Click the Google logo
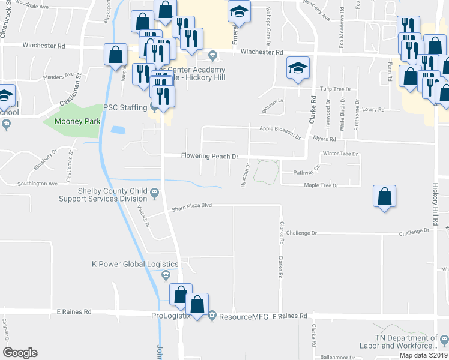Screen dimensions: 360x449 click(x=20, y=353)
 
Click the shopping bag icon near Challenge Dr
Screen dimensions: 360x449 click(x=384, y=197)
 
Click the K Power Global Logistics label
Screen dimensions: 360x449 click(x=134, y=264)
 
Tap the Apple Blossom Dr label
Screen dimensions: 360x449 click(x=280, y=129)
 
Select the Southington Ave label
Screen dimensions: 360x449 click(x=37, y=184)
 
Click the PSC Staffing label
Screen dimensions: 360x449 click(x=125, y=107)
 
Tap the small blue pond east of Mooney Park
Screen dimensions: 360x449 click(x=118, y=130)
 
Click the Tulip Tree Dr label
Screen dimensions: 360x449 click(x=334, y=88)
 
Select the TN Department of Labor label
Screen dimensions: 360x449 click(x=406, y=342)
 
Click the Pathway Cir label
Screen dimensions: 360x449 click(x=306, y=172)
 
